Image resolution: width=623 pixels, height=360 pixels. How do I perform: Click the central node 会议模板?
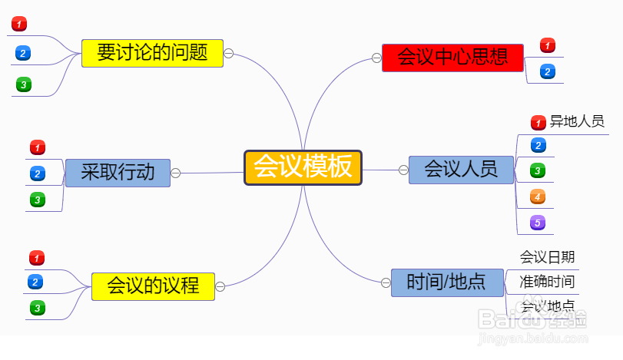(303, 167)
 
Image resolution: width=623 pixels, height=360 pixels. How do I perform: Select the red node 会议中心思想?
(452, 58)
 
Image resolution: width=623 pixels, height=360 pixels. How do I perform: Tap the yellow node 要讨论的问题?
(152, 53)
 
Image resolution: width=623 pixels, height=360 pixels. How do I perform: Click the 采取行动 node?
(118, 172)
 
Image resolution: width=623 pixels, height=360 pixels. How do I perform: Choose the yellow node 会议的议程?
(153, 286)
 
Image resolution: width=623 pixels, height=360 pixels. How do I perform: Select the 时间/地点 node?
(446, 282)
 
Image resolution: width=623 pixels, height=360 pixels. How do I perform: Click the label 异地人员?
(577, 121)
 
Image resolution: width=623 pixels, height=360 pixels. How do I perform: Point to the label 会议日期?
(547, 257)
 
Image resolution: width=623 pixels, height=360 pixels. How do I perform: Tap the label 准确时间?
(547, 281)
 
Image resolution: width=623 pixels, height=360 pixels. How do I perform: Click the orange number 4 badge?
(538, 197)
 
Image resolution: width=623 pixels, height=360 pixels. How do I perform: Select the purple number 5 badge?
(538, 223)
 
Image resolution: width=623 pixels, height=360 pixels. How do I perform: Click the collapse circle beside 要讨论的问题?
(229, 54)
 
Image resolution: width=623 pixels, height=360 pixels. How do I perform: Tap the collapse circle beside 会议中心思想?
(376, 58)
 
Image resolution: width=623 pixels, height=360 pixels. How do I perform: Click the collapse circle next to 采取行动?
(175, 173)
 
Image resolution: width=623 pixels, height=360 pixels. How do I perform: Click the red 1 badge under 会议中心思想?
(547, 45)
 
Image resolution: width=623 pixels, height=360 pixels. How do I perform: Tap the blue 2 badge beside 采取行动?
(37, 173)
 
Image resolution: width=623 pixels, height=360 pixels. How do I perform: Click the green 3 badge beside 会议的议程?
(36, 309)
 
